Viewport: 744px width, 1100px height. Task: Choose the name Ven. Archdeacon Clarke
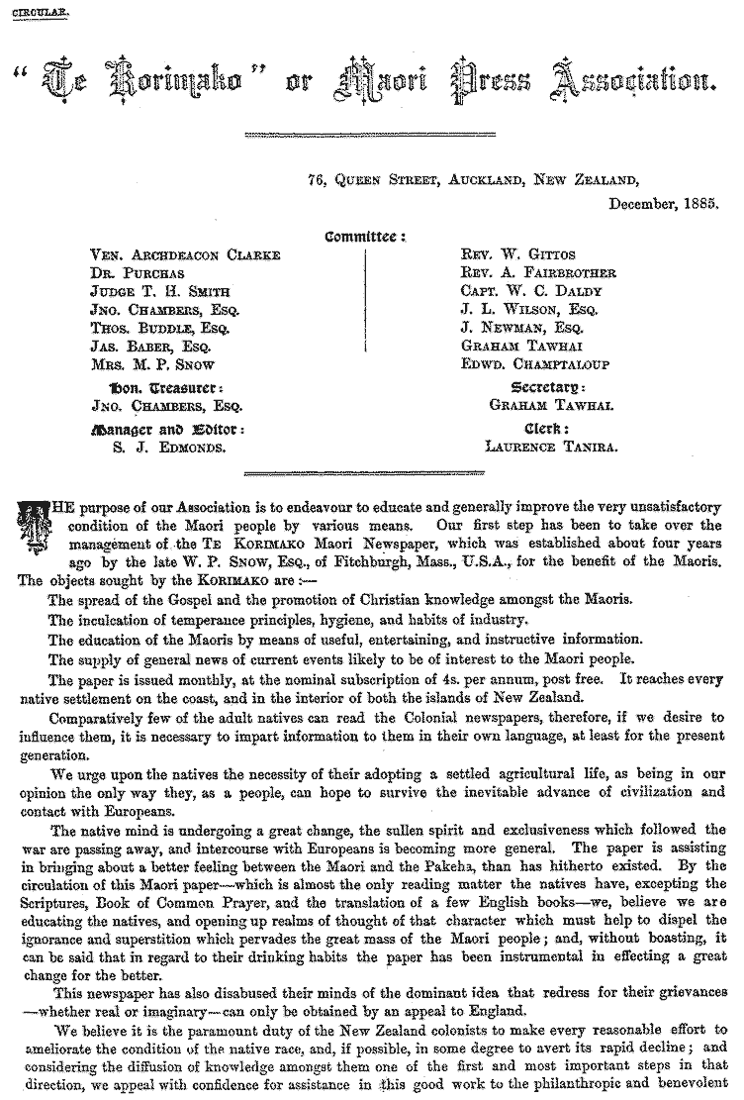click(185, 254)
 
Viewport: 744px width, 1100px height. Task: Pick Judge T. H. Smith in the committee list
click(159, 291)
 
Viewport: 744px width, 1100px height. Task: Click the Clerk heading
click(551, 429)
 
